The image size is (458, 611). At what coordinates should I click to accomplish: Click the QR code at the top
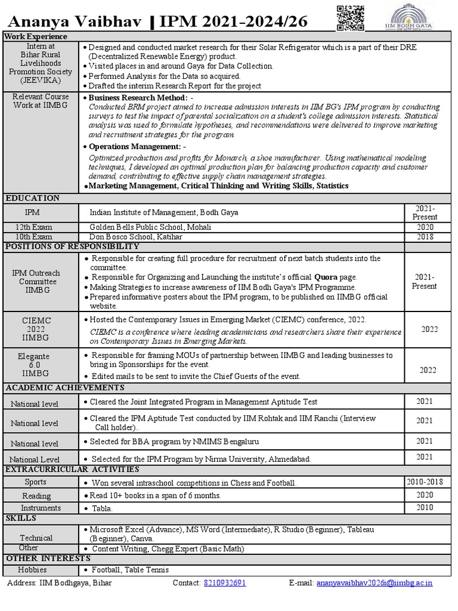(350, 17)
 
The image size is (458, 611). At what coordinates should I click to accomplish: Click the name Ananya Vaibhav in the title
(75, 22)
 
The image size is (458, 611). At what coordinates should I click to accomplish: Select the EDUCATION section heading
(32, 198)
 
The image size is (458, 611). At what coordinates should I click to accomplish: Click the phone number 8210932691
(224, 583)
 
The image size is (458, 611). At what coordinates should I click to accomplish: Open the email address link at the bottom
(375, 583)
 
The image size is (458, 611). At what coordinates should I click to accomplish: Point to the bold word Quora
(326, 277)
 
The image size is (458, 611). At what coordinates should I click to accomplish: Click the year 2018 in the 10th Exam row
(425, 237)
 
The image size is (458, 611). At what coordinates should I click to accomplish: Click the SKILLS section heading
(21, 518)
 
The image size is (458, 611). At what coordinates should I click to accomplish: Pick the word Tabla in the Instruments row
(102, 508)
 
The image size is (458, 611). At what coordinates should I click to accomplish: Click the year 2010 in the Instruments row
(425, 508)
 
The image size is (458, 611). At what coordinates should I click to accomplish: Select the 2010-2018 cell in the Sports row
(425, 482)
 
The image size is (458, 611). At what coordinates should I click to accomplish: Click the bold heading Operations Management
(135, 146)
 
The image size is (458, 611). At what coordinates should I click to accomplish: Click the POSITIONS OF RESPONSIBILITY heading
(72, 246)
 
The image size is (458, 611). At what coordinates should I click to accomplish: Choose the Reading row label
(37, 496)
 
